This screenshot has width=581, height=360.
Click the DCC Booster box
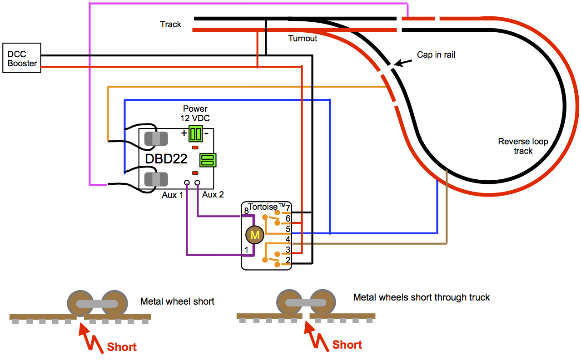pos(22,58)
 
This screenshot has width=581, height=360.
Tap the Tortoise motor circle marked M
pos(255,235)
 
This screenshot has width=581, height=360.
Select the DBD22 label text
pos(166,159)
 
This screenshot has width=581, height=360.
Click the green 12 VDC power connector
pos(196,134)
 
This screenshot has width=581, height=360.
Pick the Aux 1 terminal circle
pos(187,182)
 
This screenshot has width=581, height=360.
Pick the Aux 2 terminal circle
pos(197,182)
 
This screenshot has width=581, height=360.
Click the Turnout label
pos(303,38)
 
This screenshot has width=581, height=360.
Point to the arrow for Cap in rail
pos(403,63)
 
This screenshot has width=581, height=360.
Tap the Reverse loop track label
pos(523,146)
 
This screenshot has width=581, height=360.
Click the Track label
pos(171,24)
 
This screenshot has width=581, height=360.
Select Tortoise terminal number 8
pos(246,211)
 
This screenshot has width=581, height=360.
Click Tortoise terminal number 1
pos(246,250)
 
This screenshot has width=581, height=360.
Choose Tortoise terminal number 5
pos(288,229)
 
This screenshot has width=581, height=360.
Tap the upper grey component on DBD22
pos(156,139)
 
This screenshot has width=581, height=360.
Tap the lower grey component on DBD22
pos(156,179)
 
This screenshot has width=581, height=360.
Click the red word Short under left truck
pos(122,347)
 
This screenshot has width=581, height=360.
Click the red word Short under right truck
pos(347,345)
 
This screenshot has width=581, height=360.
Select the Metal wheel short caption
pos(178,301)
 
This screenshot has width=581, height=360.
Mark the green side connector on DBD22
pos(208,160)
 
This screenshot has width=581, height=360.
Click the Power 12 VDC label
pos(195,113)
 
